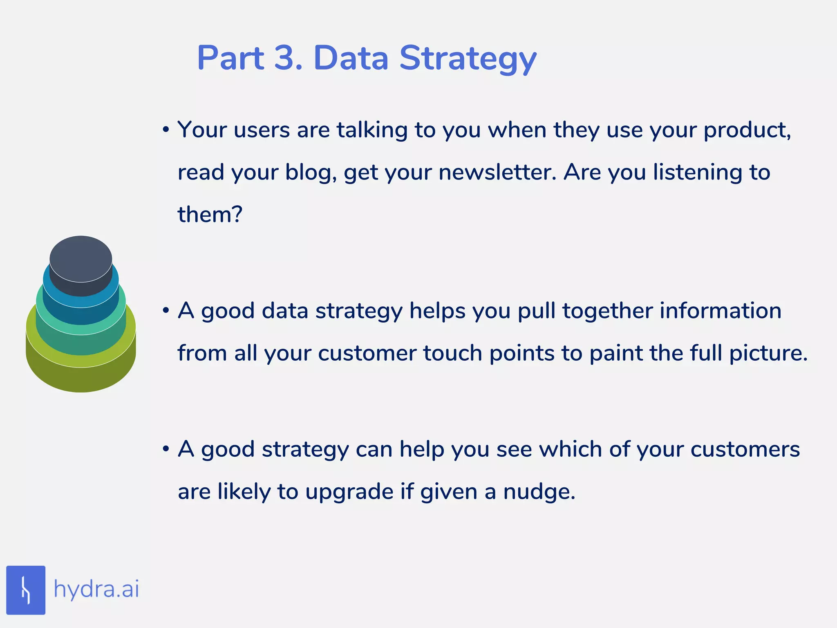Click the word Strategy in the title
pos(468,58)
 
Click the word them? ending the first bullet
pos(210,214)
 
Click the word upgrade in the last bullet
pos(349,492)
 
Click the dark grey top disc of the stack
pos(81,258)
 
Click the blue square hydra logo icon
pos(26,590)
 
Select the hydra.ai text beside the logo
pos(96,590)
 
